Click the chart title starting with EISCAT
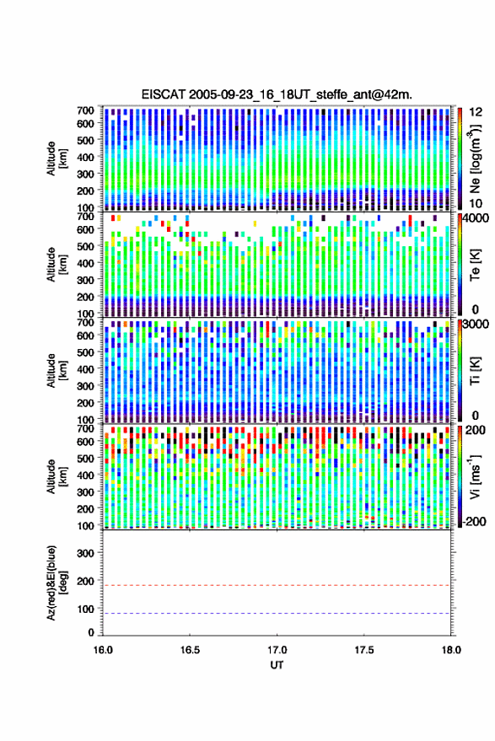pyautogui.click(x=277, y=94)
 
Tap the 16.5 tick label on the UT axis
pyautogui.click(x=190, y=650)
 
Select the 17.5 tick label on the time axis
pyautogui.click(x=364, y=650)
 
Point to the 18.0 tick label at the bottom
pyautogui.click(x=451, y=650)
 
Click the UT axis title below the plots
pyautogui.click(x=277, y=665)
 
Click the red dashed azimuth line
pyautogui.click(x=277, y=585)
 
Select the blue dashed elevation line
pyautogui.click(x=277, y=614)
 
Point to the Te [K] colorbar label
pyautogui.click(x=475, y=265)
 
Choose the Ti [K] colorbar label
pyautogui.click(x=475, y=371)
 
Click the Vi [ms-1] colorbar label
pyautogui.click(x=475, y=476)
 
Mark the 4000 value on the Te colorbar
pyautogui.click(x=476, y=219)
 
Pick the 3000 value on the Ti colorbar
pyautogui.click(x=476, y=325)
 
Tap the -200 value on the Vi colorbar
pyautogui.click(x=474, y=522)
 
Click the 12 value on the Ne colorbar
pyautogui.click(x=475, y=112)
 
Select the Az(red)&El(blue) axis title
pyautogui.click(x=56, y=583)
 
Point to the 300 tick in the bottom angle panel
pyautogui.click(x=85, y=553)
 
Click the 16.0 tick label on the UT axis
pyautogui.click(x=103, y=650)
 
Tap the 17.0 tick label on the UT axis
pyautogui.click(x=277, y=650)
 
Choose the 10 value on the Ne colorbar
pyautogui.click(x=475, y=203)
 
